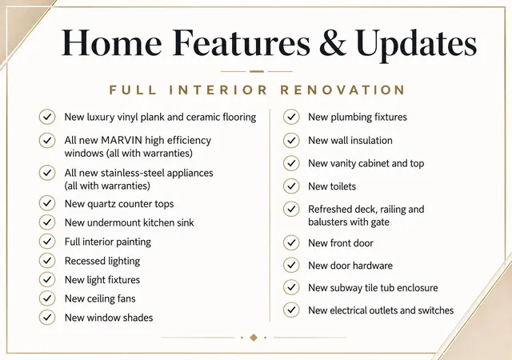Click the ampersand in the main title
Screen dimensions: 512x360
(333, 42)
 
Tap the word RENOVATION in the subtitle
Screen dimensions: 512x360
(343, 90)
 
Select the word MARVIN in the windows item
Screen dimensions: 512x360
(122, 140)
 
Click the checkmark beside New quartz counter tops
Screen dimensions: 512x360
(47, 203)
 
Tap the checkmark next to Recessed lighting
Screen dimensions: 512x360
(47, 260)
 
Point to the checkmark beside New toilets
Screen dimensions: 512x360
(291, 186)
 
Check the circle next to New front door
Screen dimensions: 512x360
(291, 242)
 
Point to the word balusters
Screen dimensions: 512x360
(327, 222)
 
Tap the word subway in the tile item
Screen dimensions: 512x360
(346, 288)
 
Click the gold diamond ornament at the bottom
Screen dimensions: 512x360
(254, 338)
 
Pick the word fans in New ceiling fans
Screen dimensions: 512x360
(126, 298)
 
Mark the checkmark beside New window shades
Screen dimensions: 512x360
(47, 318)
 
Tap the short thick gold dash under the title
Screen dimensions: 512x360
(257, 71)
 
